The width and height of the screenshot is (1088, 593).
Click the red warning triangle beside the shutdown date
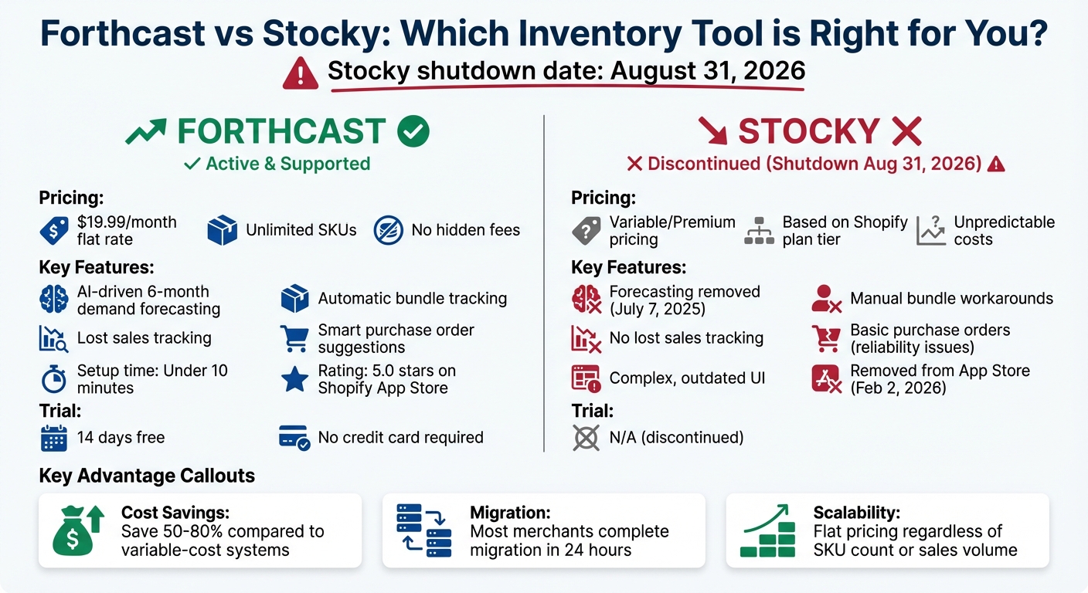point(301,73)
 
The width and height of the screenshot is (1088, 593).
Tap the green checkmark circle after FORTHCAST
point(413,132)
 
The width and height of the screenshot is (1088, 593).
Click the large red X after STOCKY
point(906,132)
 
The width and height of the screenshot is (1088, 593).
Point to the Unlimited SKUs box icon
point(222,230)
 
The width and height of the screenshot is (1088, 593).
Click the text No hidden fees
point(465,230)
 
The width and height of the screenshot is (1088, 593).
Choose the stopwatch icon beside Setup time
point(53,379)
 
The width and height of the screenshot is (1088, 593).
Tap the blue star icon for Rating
point(294,379)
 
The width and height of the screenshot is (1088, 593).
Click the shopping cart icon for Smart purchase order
point(294,338)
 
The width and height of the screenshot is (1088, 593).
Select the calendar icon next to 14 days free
point(53,438)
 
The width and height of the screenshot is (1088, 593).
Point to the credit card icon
point(294,438)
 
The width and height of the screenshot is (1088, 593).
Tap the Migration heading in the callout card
point(510,513)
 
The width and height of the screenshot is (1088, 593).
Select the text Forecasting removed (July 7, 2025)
point(685,300)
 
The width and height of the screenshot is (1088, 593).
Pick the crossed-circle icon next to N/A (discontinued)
point(586,438)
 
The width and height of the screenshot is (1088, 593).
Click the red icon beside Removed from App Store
point(826,379)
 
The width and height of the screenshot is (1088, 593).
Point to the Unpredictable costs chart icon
point(931,230)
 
